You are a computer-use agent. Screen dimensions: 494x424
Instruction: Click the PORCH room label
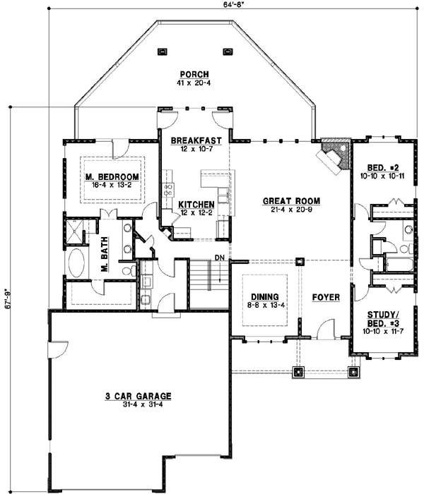[192, 74]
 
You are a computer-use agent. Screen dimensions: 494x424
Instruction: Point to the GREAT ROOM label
[288, 200]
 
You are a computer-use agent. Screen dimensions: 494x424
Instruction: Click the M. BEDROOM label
[110, 176]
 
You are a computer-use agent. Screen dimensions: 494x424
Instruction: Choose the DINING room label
[264, 297]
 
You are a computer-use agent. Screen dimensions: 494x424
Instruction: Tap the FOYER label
[326, 297]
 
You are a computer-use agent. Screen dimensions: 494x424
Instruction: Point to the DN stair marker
[220, 258]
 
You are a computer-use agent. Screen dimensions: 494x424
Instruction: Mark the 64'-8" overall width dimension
[234, 5]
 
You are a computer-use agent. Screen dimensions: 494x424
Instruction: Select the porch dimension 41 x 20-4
[192, 83]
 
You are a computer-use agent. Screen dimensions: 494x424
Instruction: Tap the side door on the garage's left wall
[53, 351]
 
